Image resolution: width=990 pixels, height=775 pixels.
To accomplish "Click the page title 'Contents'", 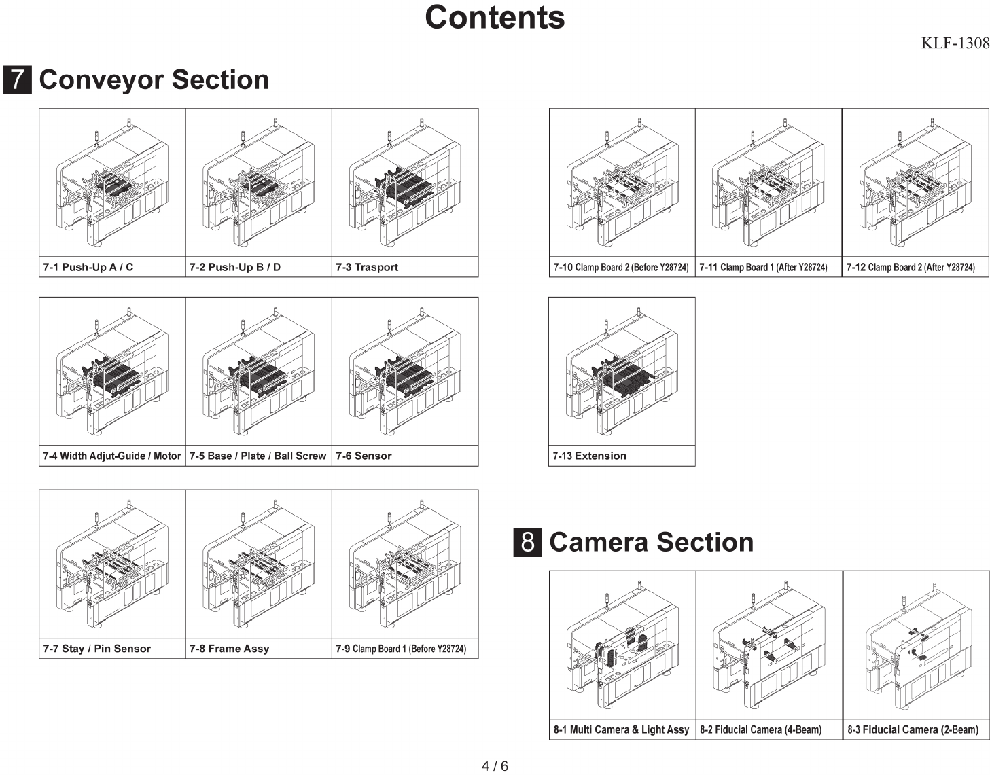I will [494, 18].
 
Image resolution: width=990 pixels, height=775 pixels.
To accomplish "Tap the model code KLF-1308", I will [955, 43].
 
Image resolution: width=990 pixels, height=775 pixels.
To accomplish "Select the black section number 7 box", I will [17, 80].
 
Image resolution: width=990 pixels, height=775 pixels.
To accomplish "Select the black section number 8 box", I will [527, 543].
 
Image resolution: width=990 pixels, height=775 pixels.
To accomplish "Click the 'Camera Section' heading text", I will [651, 543].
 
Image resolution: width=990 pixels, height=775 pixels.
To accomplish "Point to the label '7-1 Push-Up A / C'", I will [88, 267].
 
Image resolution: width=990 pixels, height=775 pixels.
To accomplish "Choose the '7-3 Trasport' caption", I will [367, 267].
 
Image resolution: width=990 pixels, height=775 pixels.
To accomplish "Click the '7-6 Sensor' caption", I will [364, 456].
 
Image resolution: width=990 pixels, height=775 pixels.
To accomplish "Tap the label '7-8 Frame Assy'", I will [229, 649].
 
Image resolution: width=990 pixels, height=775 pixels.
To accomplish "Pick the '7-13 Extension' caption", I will [589, 456].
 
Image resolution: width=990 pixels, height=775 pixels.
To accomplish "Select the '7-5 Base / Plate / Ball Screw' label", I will [258, 456].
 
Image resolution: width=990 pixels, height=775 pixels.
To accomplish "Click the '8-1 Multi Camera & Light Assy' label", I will [621, 729].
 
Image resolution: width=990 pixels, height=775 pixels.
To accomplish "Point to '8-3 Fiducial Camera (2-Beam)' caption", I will [913, 729].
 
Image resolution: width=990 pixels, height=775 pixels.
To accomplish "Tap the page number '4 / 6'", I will [495, 766].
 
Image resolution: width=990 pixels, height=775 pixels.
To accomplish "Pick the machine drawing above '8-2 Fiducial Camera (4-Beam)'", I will [768, 645].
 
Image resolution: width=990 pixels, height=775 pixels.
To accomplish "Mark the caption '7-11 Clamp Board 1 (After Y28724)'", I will [763, 267].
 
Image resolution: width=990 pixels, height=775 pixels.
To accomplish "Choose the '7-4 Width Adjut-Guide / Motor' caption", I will [111, 456].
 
